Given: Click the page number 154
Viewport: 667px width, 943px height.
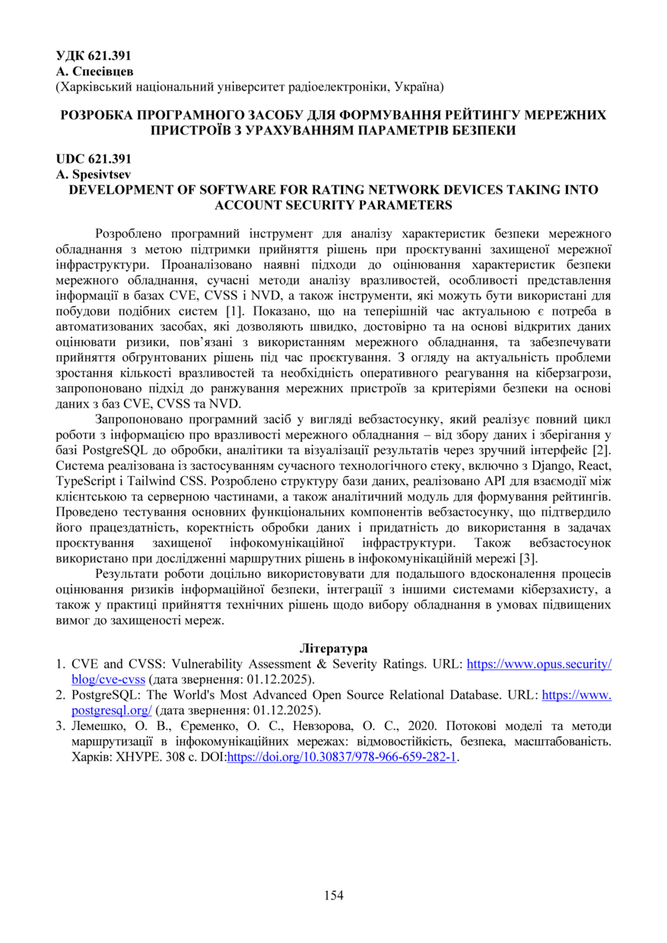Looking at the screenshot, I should [333, 895].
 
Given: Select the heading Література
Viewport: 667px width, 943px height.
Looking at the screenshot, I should [333, 649].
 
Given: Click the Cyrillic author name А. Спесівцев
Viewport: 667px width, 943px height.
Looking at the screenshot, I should [95, 71].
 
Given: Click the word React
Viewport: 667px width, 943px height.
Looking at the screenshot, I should [596, 465].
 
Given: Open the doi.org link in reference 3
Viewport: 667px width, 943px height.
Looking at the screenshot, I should [342, 757].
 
